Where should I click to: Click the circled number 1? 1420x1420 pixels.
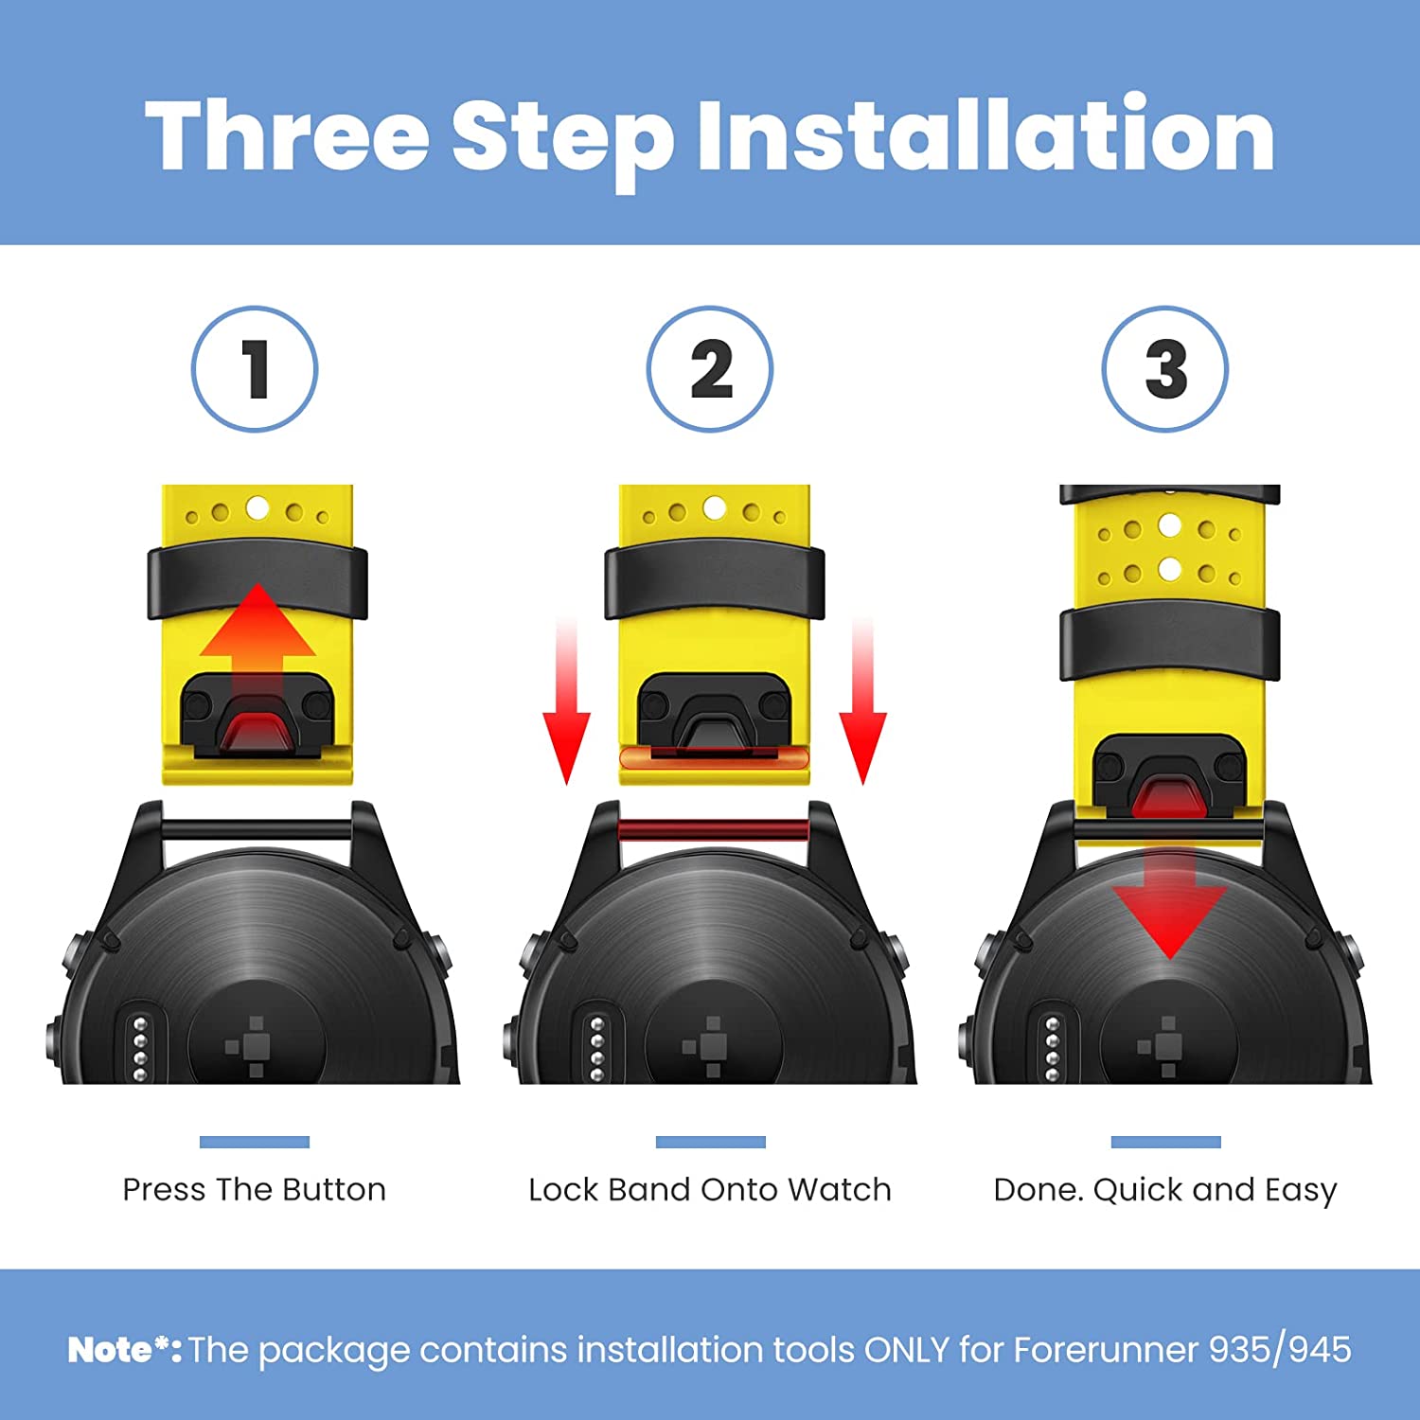click(x=255, y=368)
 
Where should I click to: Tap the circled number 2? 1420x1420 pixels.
click(x=710, y=368)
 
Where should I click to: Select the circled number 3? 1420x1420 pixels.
click(x=1165, y=368)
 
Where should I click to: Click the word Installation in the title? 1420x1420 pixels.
click(x=985, y=137)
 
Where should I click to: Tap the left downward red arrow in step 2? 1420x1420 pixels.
click(x=566, y=701)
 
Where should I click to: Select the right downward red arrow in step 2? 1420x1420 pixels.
click(x=862, y=701)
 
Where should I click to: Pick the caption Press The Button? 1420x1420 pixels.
click(x=255, y=1189)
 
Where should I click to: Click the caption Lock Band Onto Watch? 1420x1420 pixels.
click(x=710, y=1189)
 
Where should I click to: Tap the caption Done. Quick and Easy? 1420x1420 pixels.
click(x=1165, y=1191)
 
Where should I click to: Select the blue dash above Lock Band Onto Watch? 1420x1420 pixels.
click(x=710, y=1142)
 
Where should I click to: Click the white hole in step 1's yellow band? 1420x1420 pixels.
click(x=257, y=508)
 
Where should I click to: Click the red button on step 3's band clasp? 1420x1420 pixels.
click(x=1169, y=796)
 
